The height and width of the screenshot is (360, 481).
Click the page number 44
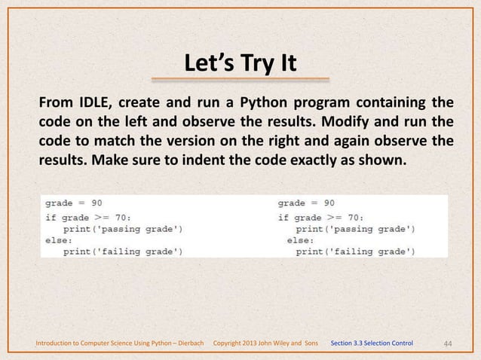click(447, 343)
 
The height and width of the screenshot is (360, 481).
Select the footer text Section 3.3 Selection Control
click(372, 343)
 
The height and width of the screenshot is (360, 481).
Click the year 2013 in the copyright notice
click(255, 343)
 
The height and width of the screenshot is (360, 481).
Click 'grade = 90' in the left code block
click(74, 203)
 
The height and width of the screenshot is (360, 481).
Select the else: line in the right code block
click(299, 239)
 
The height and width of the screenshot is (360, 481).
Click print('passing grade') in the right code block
click(354, 228)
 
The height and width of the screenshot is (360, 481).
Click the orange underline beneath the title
click(240, 78)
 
